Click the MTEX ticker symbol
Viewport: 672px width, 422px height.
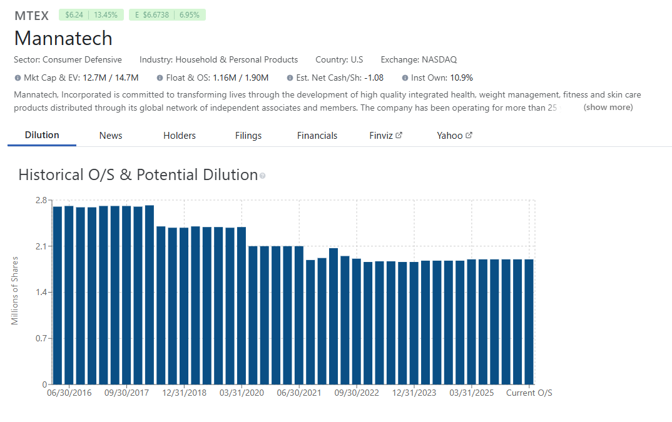coord(32,16)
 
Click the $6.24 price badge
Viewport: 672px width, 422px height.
coord(91,15)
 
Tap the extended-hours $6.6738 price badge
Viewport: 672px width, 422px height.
coord(167,15)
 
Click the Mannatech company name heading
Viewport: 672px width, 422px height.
coord(63,39)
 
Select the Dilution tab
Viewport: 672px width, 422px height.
coord(42,135)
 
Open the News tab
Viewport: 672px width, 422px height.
coord(111,136)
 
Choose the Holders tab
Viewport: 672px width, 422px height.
coord(179,136)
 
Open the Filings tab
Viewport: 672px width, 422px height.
coord(248,136)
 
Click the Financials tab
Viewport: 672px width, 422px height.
coord(317,136)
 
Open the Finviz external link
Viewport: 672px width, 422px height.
coord(385,136)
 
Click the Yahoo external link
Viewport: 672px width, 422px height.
coord(454,136)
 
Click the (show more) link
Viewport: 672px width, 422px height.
coord(608,107)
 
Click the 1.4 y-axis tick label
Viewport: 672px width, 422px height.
coord(41,292)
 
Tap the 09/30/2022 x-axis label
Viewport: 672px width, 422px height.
coord(357,393)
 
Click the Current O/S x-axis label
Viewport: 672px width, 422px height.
coord(529,393)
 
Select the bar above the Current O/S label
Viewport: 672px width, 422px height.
coord(529,322)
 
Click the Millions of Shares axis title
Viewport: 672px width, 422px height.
coord(14,291)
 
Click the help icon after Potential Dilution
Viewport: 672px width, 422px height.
coord(262,176)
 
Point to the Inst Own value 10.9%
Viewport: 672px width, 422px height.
coord(462,78)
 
